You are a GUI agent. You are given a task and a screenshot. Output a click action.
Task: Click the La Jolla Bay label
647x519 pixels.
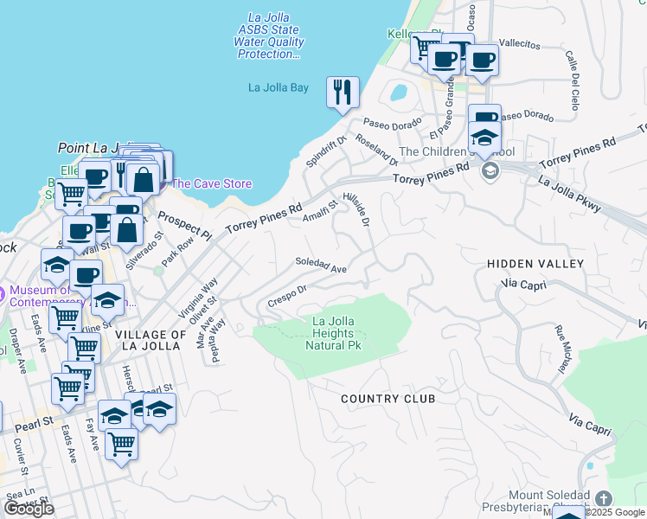tap(278, 87)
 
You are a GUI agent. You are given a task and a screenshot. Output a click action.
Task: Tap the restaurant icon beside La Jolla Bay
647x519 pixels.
tap(343, 92)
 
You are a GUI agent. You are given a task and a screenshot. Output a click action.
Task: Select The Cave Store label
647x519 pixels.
tap(211, 183)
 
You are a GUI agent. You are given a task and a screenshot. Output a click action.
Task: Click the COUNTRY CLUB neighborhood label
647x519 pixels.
tap(388, 399)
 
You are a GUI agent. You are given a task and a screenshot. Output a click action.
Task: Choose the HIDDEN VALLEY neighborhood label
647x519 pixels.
tap(535, 263)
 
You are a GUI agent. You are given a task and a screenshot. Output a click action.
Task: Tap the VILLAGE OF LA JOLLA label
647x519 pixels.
tap(151, 340)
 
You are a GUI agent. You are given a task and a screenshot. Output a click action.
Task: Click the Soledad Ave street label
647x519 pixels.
tap(321, 265)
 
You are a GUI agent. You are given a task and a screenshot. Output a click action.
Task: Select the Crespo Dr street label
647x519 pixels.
tap(287, 296)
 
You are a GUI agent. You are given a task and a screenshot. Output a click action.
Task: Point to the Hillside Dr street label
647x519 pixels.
tap(356, 209)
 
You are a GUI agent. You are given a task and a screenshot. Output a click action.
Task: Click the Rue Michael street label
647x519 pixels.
tap(563, 349)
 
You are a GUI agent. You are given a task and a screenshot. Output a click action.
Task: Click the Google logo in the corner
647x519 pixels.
tap(29, 508)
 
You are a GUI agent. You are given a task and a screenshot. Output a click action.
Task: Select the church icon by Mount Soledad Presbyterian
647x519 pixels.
tap(604, 499)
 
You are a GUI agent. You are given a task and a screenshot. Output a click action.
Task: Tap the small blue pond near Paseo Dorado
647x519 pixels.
tap(399, 92)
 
